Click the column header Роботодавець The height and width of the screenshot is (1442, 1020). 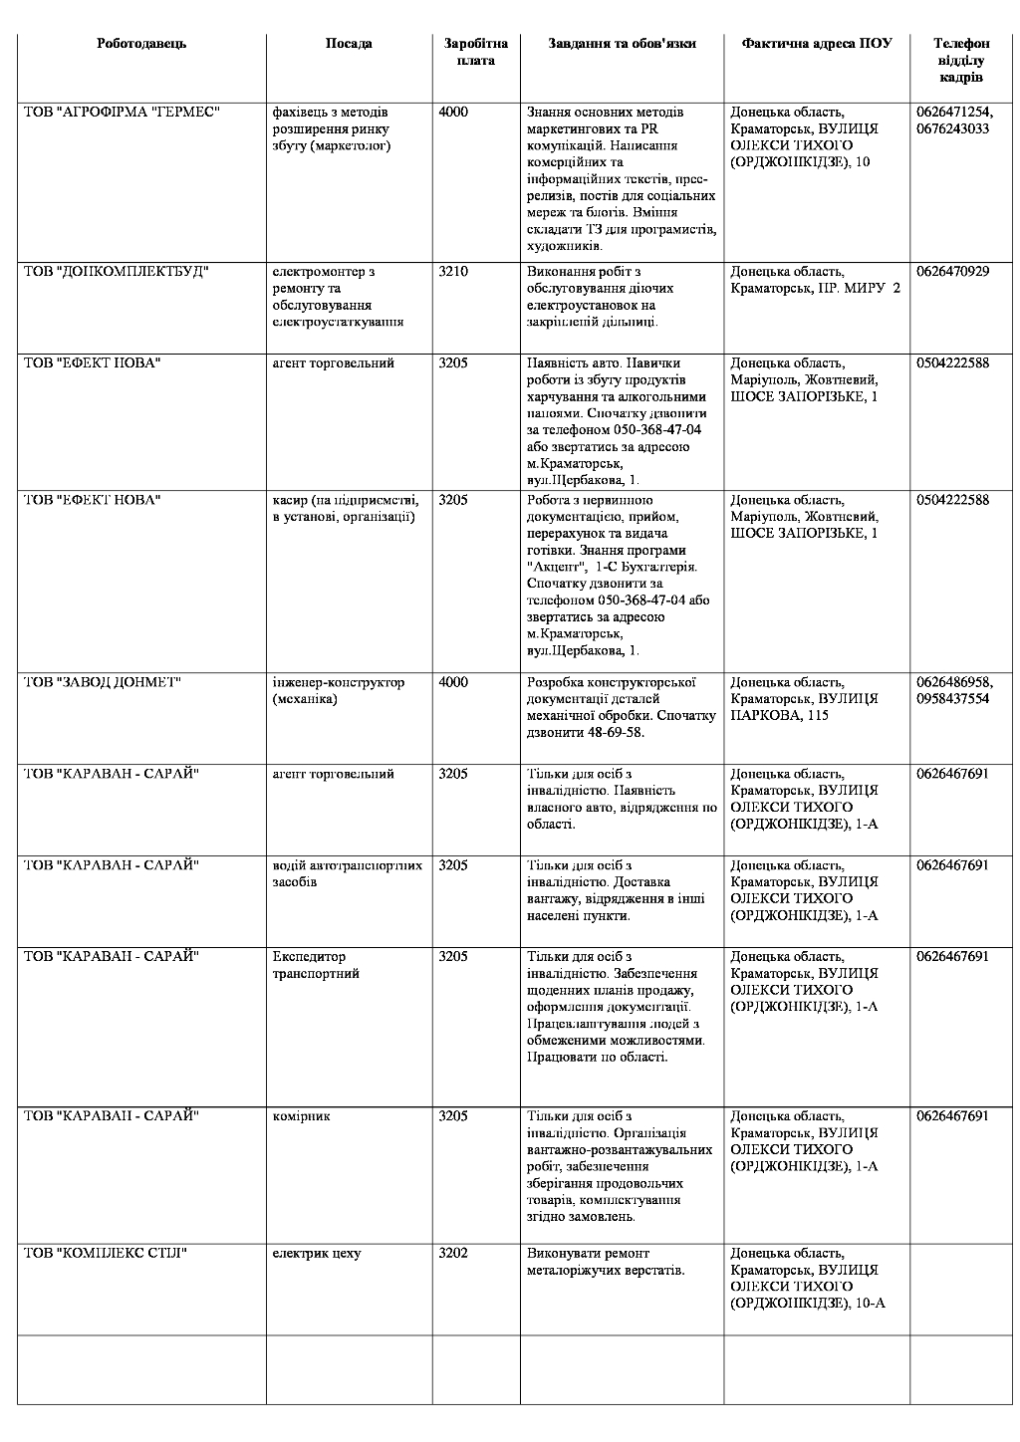point(141,44)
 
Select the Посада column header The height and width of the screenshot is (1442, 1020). point(349,44)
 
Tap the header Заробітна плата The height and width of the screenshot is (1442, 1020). point(475,52)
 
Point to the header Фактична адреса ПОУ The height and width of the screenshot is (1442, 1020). point(816,44)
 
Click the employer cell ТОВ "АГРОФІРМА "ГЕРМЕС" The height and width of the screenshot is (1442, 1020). point(122,113)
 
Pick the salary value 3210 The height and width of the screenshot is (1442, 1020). point(453,272)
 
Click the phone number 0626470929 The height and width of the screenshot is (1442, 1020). point(952,272)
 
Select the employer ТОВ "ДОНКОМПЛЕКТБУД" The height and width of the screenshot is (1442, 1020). point(117,272)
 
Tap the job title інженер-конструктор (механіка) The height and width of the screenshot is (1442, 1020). point(339,691)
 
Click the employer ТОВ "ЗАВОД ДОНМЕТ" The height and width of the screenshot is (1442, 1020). point(103,683)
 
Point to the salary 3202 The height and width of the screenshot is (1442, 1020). point(453,1254)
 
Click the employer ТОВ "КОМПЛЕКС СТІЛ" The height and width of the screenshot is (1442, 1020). point(106,1254)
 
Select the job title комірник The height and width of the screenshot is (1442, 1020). point(301,1116)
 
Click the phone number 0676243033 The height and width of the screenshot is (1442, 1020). point(952,129)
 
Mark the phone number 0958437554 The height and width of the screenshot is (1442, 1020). point(952,700)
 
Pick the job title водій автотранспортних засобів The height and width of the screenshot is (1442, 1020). point(347,873)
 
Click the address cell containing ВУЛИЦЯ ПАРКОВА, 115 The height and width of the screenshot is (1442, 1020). point(804,699)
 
